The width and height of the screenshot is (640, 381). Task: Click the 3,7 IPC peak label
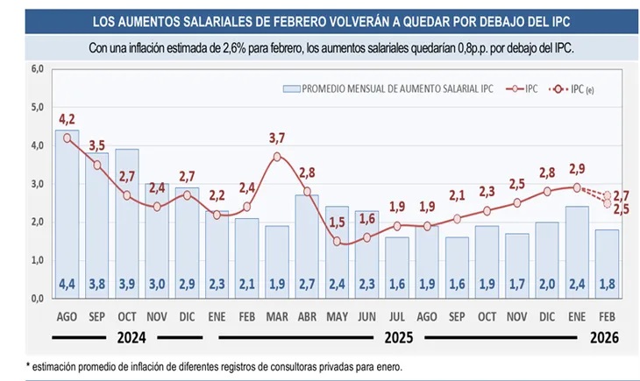[x=277, y=138]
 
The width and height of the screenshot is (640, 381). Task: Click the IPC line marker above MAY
[x=337, y=242]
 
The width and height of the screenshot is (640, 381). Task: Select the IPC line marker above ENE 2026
[x=577, y=187]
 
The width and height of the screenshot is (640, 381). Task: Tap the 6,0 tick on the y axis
[x=37, y=68]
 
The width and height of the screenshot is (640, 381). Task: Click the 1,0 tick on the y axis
[x=37, y=260]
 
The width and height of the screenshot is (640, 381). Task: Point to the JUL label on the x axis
[x=396, y=315]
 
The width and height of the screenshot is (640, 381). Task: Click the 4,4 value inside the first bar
[x=67, y=284]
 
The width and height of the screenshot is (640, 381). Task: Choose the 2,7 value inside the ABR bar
[x=307, y=284]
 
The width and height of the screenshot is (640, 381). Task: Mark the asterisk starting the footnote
[x=28, y=367]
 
